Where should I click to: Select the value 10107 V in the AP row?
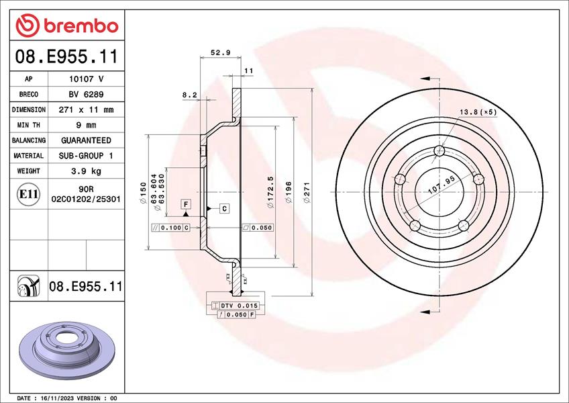point(86,79)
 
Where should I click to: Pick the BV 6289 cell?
point(86,94)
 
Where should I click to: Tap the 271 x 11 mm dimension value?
point(86,109)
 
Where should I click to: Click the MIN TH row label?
point(28,125)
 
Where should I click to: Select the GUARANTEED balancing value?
point(86,140)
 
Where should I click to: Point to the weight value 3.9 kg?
point(86,171)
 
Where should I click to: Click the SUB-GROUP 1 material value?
point(86,156)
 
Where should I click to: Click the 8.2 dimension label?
point(189,95)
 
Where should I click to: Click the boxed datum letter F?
point(185,204)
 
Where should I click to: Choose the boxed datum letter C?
point(224,208)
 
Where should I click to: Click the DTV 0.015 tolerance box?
point(234,306)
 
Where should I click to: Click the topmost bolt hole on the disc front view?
point(439,150)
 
